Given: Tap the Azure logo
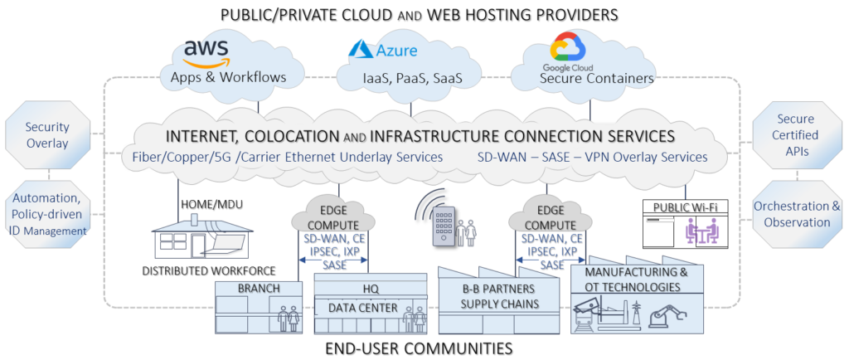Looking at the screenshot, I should pyautogui.click(x=383, y=50).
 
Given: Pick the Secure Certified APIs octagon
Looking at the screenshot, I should pyautogui.click(x=797, y=134).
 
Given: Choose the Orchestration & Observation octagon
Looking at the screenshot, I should pyautogui.click(x=797, y=213).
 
